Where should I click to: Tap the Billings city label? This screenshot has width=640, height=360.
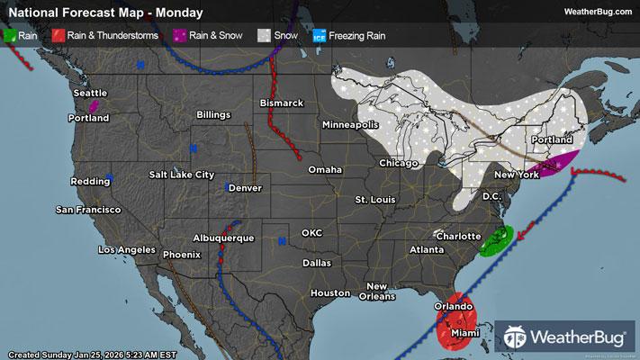[212, 115]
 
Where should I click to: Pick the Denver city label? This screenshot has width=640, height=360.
[245, 188]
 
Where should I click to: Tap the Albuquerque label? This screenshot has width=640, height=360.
[223, 238]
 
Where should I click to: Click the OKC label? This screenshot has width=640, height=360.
[311, 232]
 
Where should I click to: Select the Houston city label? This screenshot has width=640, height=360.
[329, 293]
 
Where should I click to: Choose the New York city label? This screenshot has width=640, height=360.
[517, 174]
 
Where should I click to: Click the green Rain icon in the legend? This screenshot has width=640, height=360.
[10, 35]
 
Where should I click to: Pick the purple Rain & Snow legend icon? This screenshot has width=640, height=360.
[180, 35]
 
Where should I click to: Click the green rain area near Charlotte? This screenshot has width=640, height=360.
[496, 240]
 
